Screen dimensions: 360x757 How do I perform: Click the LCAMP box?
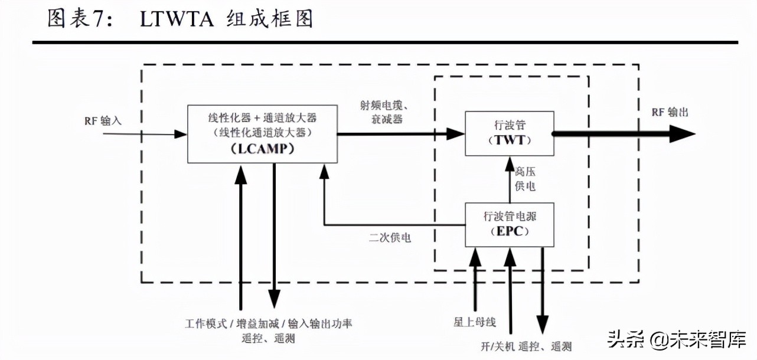262,134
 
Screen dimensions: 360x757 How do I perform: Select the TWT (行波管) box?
509,133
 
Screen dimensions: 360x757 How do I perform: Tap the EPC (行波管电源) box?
509,224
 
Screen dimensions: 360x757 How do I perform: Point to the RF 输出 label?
670,112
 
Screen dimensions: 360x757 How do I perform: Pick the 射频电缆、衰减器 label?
385,112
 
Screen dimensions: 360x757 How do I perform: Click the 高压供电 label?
524,179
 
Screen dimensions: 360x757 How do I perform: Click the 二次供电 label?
390,238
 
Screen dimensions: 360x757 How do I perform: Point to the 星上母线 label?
472,322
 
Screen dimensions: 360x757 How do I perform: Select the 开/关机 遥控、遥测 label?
526,346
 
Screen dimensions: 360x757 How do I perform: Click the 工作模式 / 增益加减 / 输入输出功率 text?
269,323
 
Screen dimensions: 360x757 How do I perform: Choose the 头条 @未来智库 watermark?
677,339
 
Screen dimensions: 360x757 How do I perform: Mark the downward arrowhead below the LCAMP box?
274,295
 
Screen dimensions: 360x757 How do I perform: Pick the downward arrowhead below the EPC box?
542,323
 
